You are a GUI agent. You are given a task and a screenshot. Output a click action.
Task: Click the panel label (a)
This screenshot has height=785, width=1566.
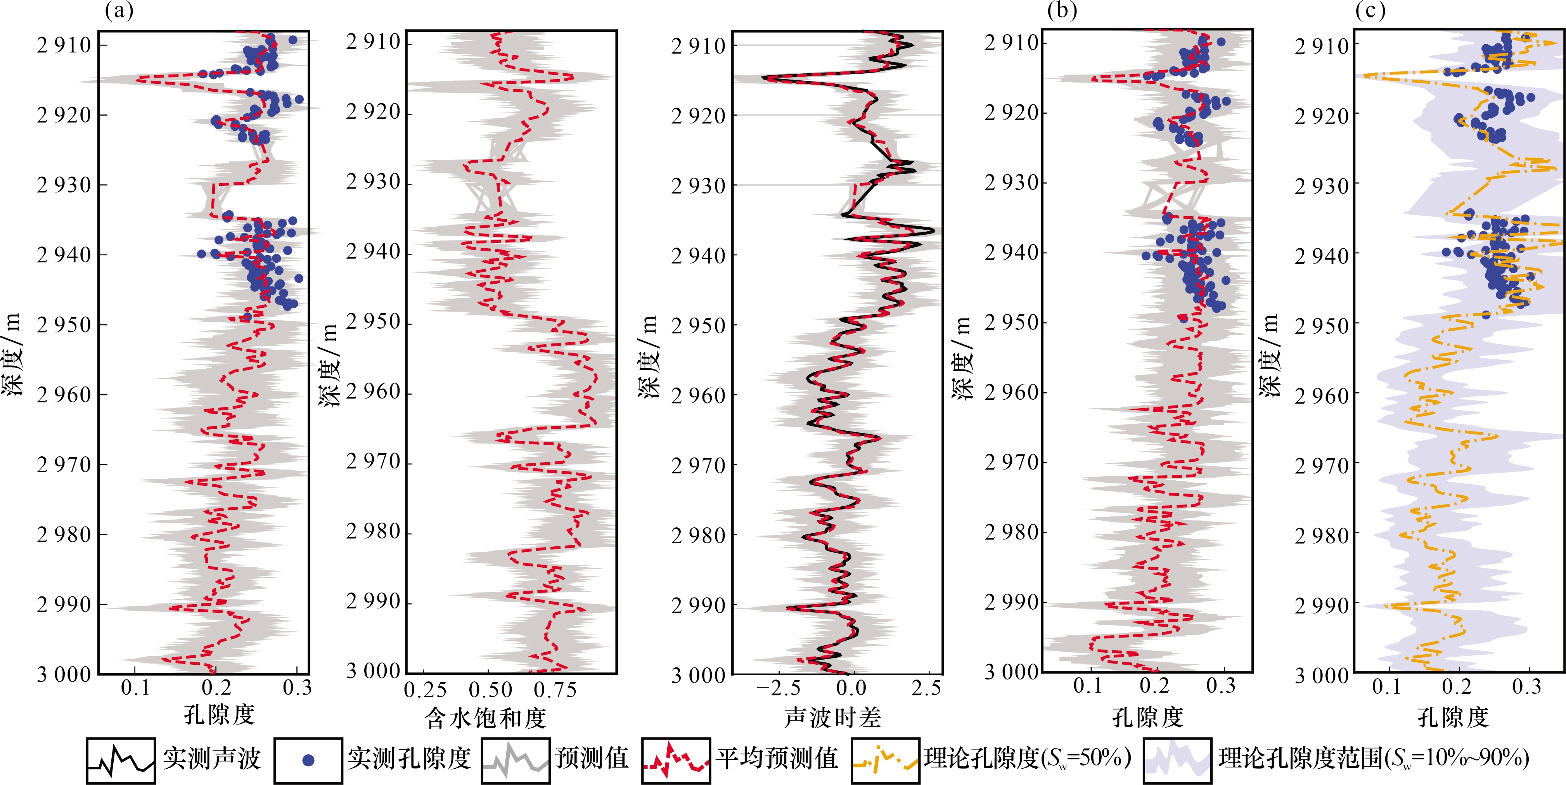119,11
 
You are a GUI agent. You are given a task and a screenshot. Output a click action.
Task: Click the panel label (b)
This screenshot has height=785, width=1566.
1061,11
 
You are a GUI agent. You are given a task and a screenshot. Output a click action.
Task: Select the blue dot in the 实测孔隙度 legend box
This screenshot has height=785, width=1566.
308,760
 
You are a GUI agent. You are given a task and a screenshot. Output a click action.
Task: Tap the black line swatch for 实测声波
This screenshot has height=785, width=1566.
120,760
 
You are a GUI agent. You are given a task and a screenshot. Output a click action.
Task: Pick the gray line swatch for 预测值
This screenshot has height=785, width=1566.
516,760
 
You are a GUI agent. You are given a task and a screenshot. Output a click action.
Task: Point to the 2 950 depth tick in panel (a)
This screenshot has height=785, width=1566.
64,325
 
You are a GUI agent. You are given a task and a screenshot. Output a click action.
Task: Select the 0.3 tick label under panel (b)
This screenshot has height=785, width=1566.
1221,686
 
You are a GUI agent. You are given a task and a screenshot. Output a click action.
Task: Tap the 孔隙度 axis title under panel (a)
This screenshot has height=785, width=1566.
220,715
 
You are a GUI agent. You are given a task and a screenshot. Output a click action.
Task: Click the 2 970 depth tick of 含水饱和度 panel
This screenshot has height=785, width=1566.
373,462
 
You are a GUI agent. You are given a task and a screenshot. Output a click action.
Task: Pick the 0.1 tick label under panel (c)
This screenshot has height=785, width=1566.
1387,687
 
